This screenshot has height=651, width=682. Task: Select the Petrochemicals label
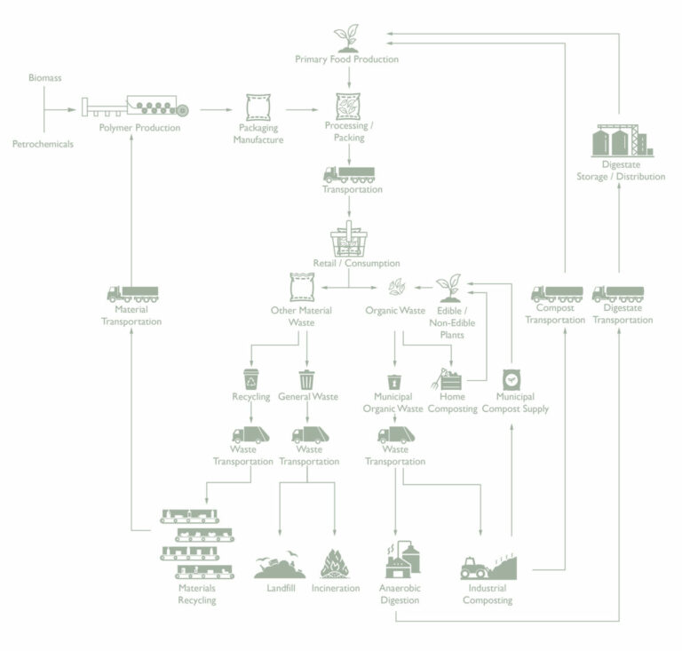coord(43,143)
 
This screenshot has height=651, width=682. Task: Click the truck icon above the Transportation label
coord(348,174)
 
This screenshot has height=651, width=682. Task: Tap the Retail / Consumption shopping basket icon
coord(348,240)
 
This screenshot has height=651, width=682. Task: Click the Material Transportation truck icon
coord(132,293)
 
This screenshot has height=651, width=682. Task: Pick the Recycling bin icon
coord(250,379)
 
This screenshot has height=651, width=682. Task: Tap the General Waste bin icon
coord(306,379)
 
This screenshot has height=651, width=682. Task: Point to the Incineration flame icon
coord(335,563)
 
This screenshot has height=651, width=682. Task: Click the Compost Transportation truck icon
coord(557,293)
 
